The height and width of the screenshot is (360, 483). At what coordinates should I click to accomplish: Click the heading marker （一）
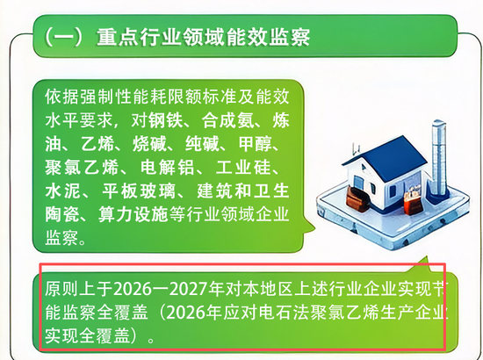tap(64, 37)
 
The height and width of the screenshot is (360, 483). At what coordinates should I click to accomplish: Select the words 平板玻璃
tap(139, 191)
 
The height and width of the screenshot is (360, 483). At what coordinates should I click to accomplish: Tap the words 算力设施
tap(133, 214)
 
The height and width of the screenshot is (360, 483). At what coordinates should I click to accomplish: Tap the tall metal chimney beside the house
tap(439, 157)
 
